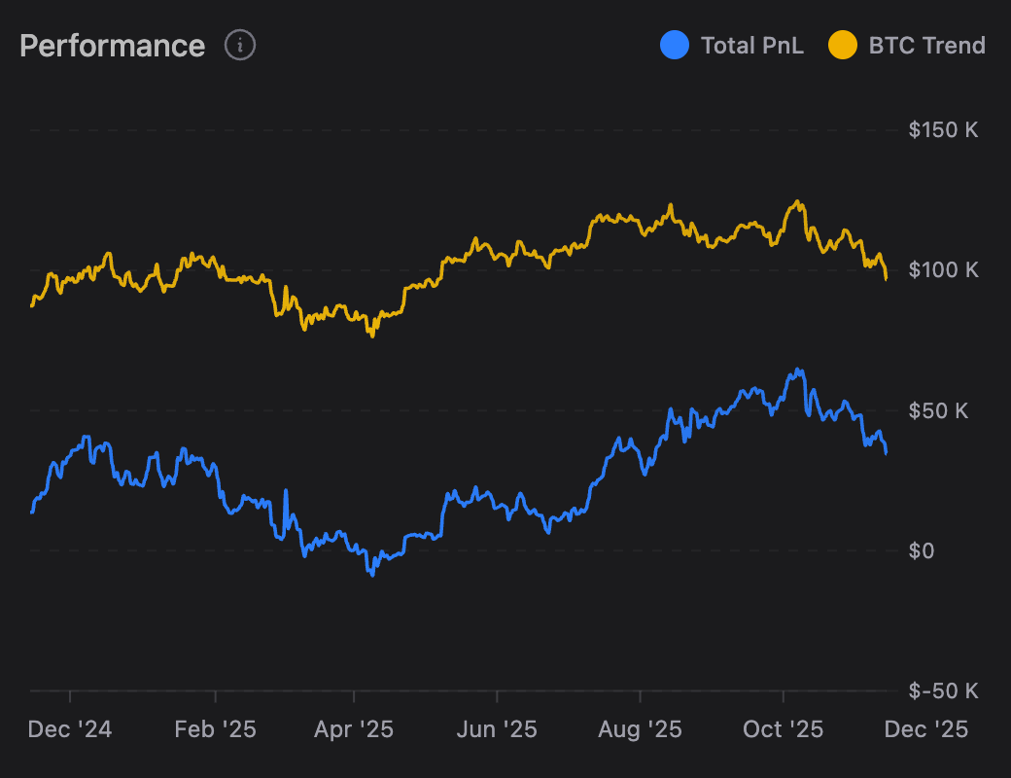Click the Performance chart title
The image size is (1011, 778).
point(112,46)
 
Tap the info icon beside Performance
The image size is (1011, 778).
point(240,45)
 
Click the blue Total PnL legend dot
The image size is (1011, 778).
point(674,45)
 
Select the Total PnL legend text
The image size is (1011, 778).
point(751,46)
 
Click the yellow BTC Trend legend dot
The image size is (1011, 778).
point(842,45)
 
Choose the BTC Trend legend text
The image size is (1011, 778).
point(926,46)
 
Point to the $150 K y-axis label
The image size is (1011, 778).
point(943,129)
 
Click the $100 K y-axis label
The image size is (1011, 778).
point(943,269)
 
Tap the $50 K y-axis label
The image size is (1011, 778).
point(938,410)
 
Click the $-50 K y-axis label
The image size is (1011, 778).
point(943,690)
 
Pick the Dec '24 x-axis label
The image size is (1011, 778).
point(70,729)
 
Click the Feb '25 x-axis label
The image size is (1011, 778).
point(214,729)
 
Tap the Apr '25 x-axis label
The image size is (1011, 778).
point(354,729)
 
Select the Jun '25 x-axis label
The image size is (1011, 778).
point(497,729)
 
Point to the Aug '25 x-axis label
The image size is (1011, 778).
point(640,729)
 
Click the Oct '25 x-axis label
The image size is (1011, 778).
point(783,729)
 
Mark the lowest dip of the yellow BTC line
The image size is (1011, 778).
point(371,336)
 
